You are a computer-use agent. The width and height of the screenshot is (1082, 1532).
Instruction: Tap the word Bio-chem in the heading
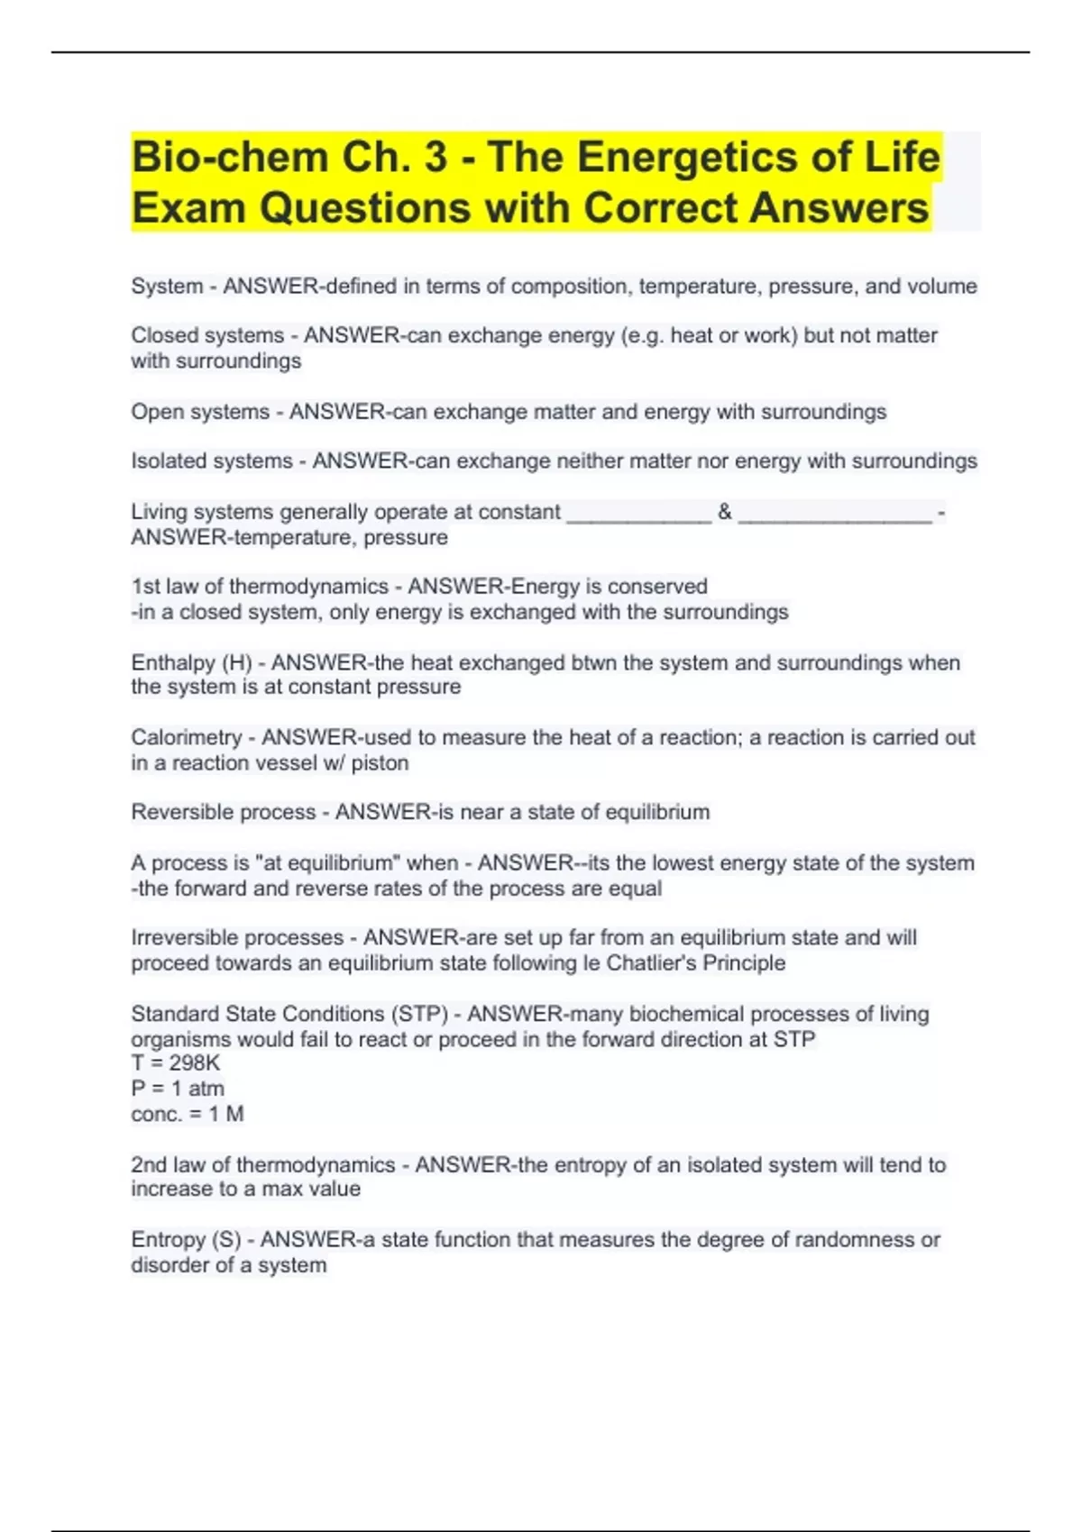229,158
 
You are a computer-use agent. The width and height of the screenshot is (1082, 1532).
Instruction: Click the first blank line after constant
639,514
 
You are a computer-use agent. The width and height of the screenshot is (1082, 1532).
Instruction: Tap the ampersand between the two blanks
725,512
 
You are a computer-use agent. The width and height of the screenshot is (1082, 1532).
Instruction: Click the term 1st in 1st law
145,587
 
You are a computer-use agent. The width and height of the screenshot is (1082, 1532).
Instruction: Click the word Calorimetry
186,737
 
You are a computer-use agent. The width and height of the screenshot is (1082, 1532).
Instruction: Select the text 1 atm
197,1089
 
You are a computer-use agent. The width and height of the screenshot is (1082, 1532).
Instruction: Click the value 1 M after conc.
225,1115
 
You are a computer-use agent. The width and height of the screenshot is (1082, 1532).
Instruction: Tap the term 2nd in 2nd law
149,1165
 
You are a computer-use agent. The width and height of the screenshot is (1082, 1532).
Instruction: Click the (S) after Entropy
226,1240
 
